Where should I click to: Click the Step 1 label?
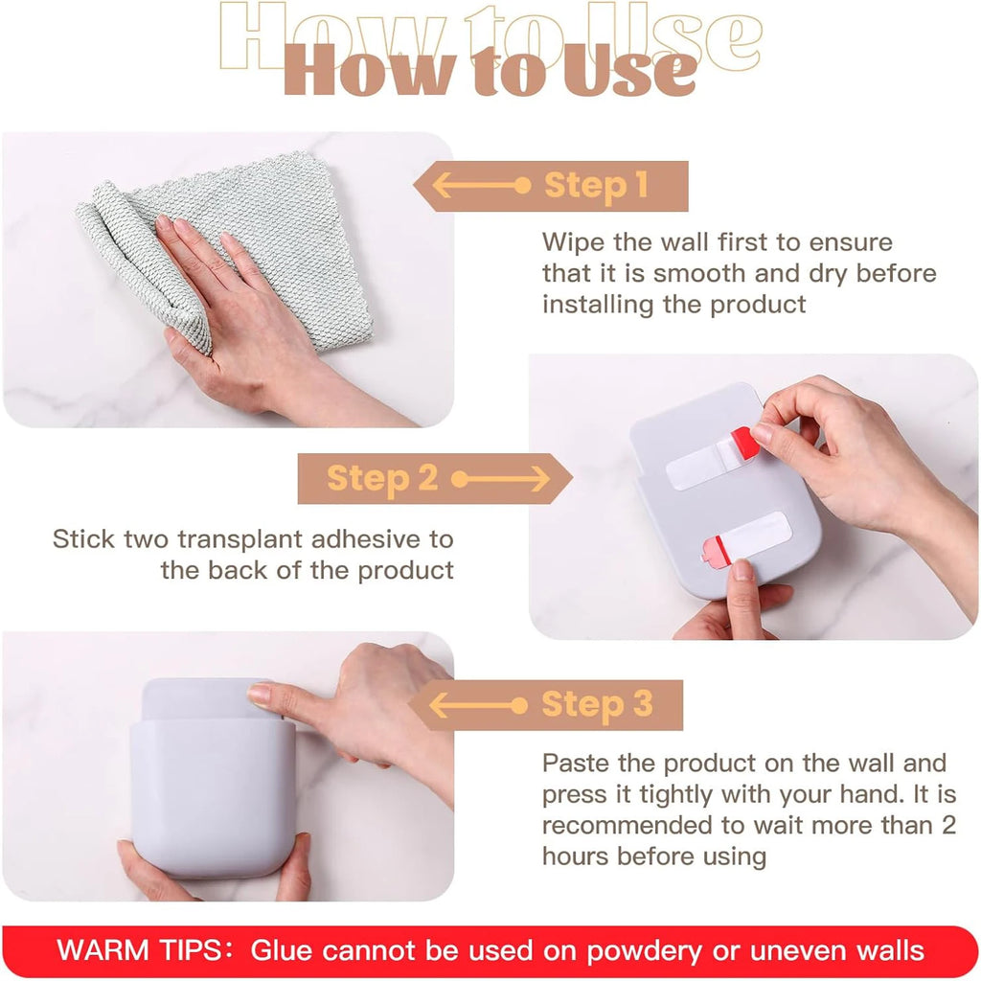click(x=596, y=185)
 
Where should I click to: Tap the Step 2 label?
click(x=382, y=478)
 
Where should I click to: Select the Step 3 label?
click(x=596, y=705)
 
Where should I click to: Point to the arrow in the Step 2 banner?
click(x=500, y=478)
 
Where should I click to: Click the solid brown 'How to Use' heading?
click(x=490, y=73)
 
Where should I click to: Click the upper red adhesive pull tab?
click(x=744, y=444)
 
